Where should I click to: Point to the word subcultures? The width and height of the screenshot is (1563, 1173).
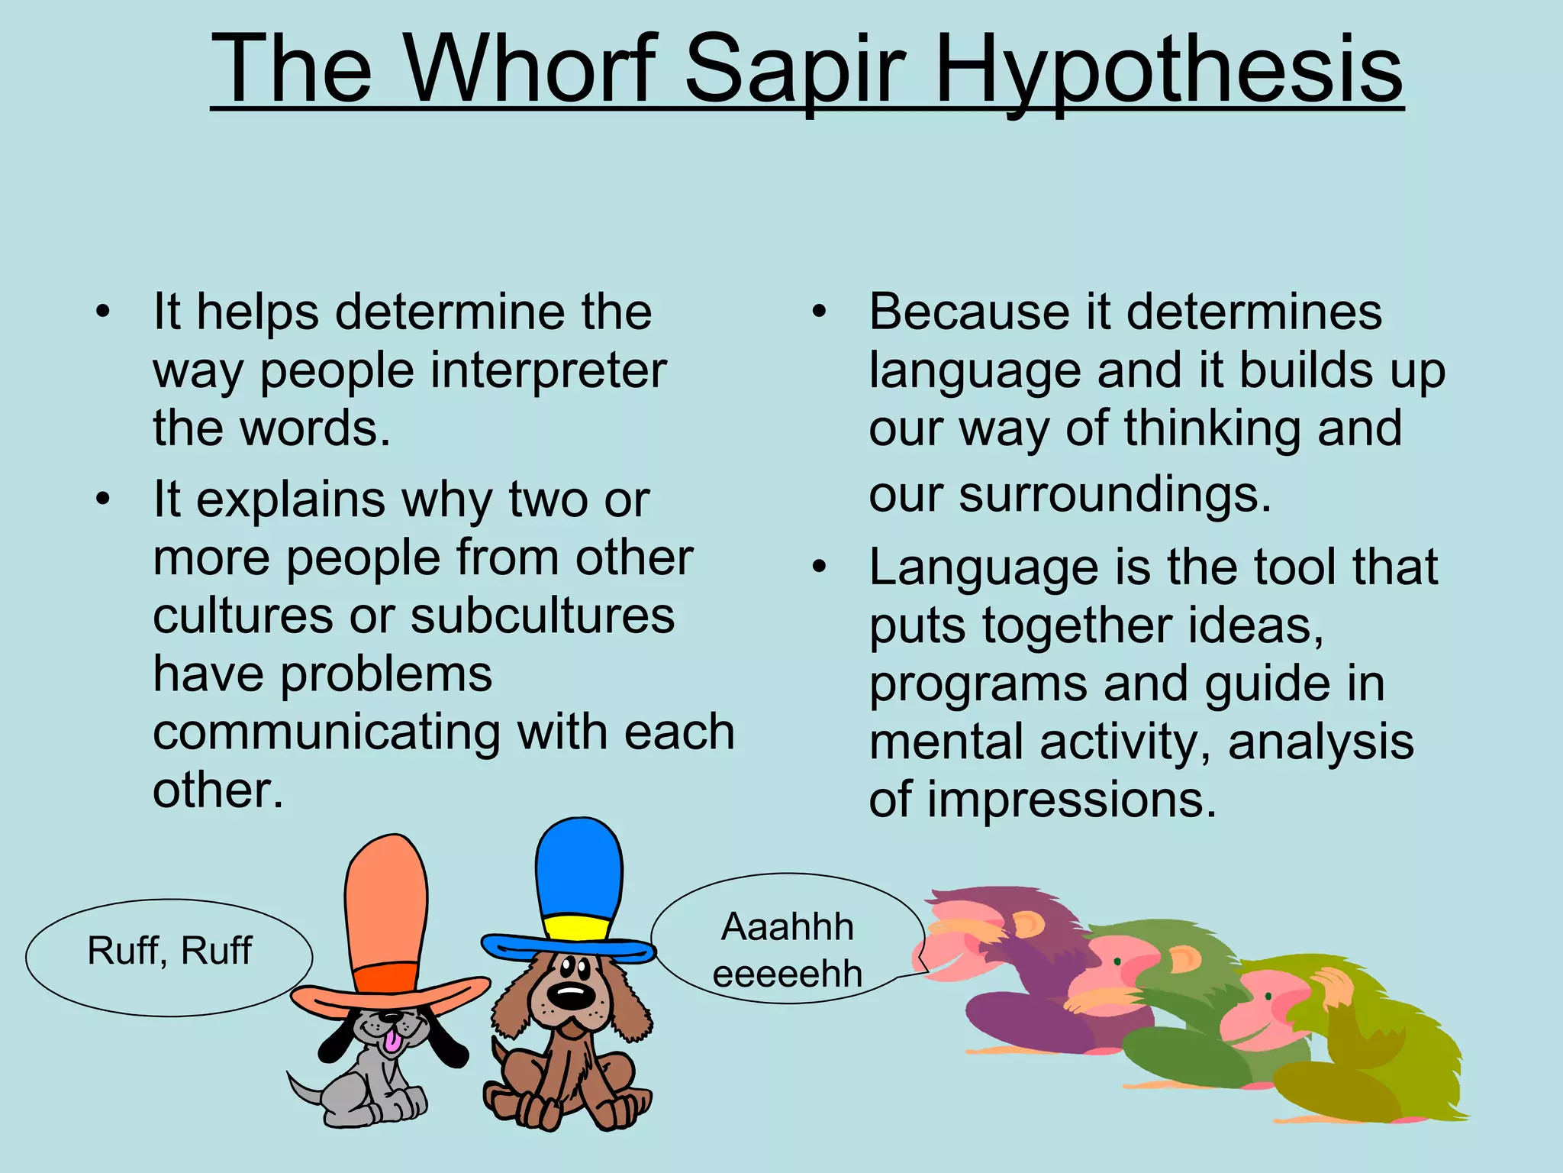click(x=542, y=616)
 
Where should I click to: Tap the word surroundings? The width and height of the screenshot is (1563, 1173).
click(x=1114, y=495)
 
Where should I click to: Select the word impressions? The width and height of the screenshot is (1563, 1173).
click(x=1072, y=800)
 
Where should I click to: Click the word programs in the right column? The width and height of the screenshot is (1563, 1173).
click(x=978, y=684)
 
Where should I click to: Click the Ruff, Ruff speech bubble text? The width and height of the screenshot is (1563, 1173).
click(x=169, y=951)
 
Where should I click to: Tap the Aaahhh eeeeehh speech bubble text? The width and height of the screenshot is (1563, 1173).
click(x=787, y=950)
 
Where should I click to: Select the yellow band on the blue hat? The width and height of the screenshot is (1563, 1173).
click(x=577, y=929)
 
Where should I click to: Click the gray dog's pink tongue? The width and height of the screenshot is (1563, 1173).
click(x=392, y=1042)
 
